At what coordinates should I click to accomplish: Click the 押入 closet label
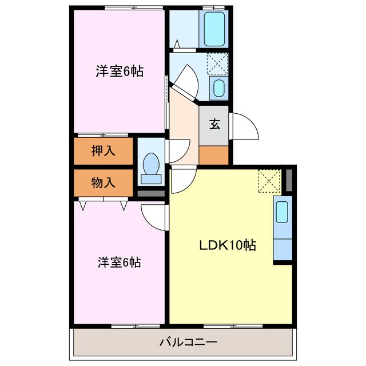104,151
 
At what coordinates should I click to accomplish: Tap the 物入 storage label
104,183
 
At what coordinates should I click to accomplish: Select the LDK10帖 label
227,245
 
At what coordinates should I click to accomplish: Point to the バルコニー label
184,343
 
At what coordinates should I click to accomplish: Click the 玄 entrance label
214,125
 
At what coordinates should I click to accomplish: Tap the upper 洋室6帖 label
119,71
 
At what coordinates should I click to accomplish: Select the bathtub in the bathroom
215,27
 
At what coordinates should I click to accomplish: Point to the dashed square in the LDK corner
268,180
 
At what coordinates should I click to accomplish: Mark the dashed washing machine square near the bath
217,63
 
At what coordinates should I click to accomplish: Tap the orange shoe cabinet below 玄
214,154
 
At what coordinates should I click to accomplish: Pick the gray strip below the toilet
151,193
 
